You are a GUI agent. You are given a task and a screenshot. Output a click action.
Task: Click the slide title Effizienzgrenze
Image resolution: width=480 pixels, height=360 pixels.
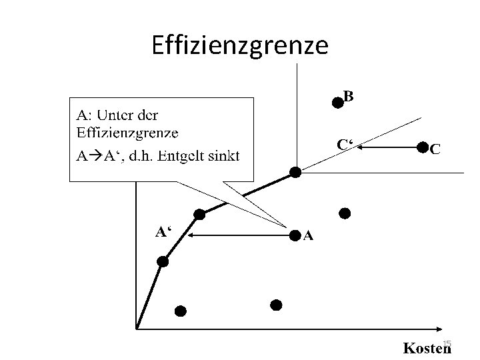pos(240,46)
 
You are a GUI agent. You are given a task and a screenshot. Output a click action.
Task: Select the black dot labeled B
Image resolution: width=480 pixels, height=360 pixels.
pos(338,102)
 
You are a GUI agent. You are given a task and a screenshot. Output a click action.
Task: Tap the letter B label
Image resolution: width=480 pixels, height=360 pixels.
pos(349,96)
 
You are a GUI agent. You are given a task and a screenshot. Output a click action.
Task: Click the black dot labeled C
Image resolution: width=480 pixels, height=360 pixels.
pos(423,147)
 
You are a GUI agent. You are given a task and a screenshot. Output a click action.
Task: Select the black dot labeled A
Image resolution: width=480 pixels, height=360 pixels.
pos(295,235)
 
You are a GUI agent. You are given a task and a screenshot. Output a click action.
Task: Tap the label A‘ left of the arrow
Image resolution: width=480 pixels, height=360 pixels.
pos(163,232)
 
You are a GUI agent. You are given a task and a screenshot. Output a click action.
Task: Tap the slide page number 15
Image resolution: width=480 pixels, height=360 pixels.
pos(447,343)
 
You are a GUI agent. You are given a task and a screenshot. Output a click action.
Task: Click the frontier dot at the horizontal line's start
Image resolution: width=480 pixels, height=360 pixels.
pos(295,172)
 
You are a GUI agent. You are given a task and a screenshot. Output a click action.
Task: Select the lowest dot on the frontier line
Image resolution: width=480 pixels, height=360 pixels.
pos(163,263)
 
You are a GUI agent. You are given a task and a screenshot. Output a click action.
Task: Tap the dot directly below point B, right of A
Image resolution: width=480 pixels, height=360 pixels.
pos(345,213)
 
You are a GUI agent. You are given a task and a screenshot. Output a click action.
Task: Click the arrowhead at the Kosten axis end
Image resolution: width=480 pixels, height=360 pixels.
pos(439,328)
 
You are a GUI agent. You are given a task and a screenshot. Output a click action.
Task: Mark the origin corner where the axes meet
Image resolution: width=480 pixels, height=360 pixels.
pos(136,328)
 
